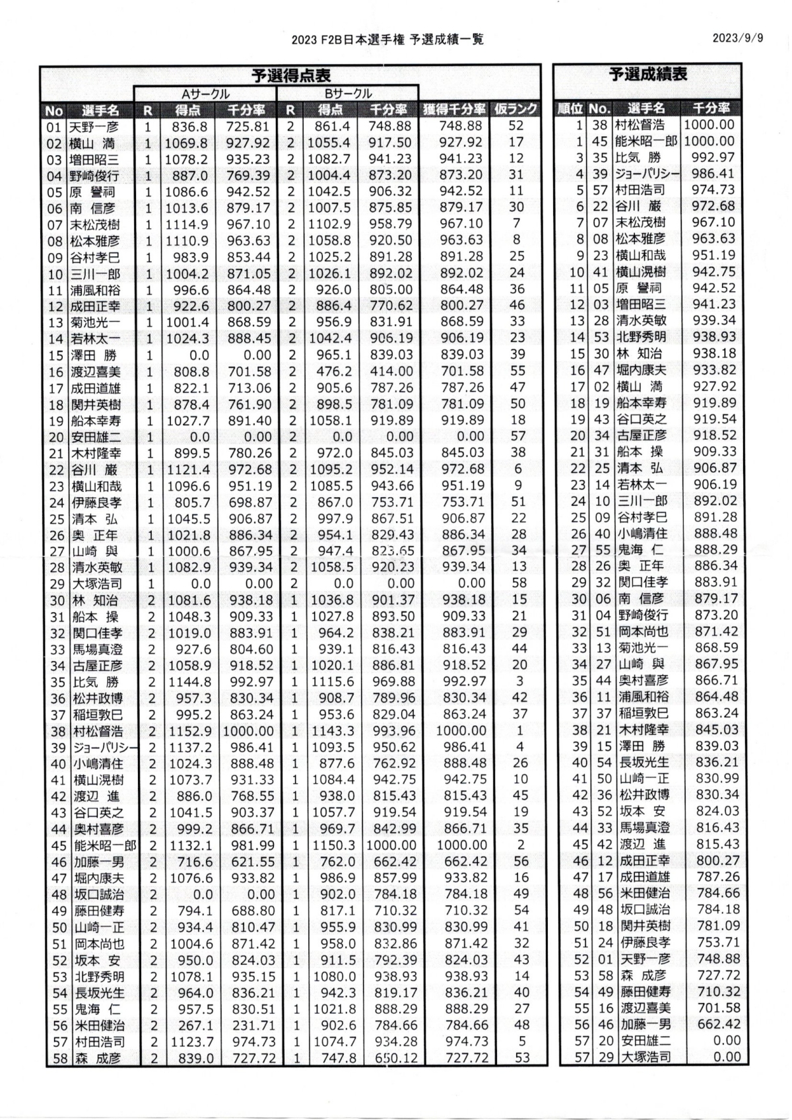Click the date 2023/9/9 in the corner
(x=737, y=38)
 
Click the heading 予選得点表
(x=291, y=75)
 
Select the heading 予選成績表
(x=647, y=74)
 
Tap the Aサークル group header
(x=206, y=94)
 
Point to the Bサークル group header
(x=348, y=94)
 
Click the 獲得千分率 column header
(x=453, y=109)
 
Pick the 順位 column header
(x=571, y=109)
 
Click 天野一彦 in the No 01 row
(x=95, y=126)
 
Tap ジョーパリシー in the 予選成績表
(x=647, y=174)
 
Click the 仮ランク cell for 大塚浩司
(x=518, y=583)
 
